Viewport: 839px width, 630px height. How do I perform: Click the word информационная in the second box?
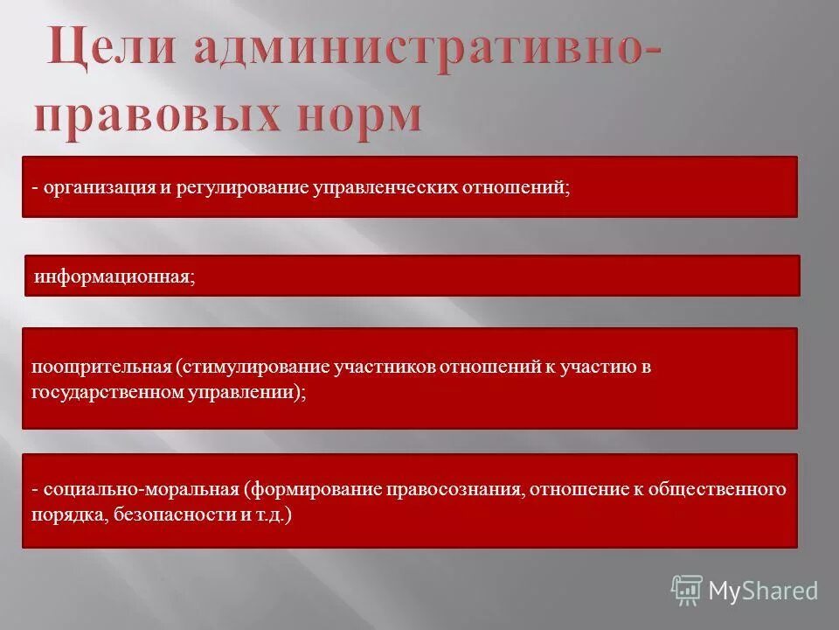(x=112, y=276)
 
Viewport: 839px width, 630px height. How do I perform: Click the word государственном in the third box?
(x=107, y=392)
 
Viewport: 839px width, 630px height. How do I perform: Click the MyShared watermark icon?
(x=687, y=591)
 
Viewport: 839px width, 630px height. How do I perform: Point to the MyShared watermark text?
(x=763, y=591)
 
